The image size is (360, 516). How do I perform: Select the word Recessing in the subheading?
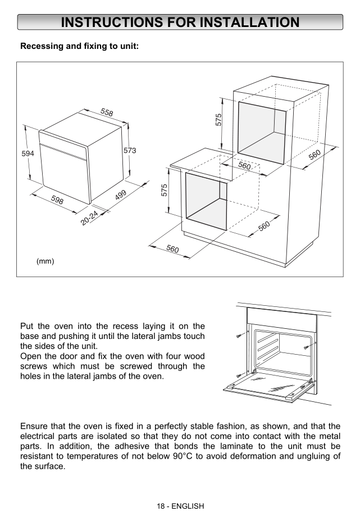click(42, 46)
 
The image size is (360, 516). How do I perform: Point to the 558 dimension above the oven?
click(107, 112)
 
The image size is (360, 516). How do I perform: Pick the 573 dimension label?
click(130, 151)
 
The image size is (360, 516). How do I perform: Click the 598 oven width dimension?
click(57, 200)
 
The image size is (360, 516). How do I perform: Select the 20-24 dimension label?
click(89, 218)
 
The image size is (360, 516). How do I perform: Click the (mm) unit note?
click(45, 261)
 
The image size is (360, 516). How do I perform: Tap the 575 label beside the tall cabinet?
click(219, 119)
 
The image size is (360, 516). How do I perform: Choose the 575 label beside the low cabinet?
click(165, 190)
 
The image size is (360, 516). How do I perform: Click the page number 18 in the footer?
click(161, 506)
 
